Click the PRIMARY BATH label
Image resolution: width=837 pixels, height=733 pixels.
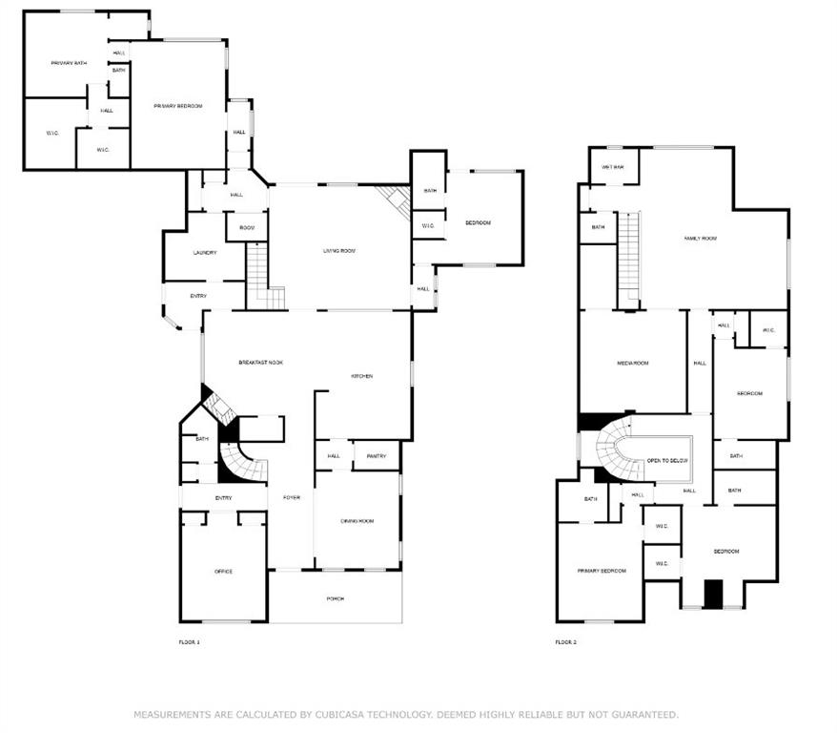pos(69,63)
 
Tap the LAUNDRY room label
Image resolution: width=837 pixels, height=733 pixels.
pos(205,253)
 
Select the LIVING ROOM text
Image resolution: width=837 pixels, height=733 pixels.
pos(338,250)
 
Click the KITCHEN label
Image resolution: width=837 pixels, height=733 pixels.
pos(361,376)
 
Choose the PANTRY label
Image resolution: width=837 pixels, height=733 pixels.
pos(376,456)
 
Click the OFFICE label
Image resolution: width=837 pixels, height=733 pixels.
pos(223,571)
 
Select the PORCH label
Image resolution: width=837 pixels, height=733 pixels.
pos(335,598)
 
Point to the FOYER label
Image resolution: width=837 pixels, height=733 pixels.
pos(290,498)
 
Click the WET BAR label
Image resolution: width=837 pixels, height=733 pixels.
pos(612,167)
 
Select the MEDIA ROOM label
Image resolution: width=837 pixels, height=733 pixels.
pos(632,363)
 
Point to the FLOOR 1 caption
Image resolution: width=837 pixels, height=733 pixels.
pos(190,642)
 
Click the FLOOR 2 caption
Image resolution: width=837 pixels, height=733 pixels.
pos(566,642)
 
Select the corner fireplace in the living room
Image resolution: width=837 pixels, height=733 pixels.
pos(394,200)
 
